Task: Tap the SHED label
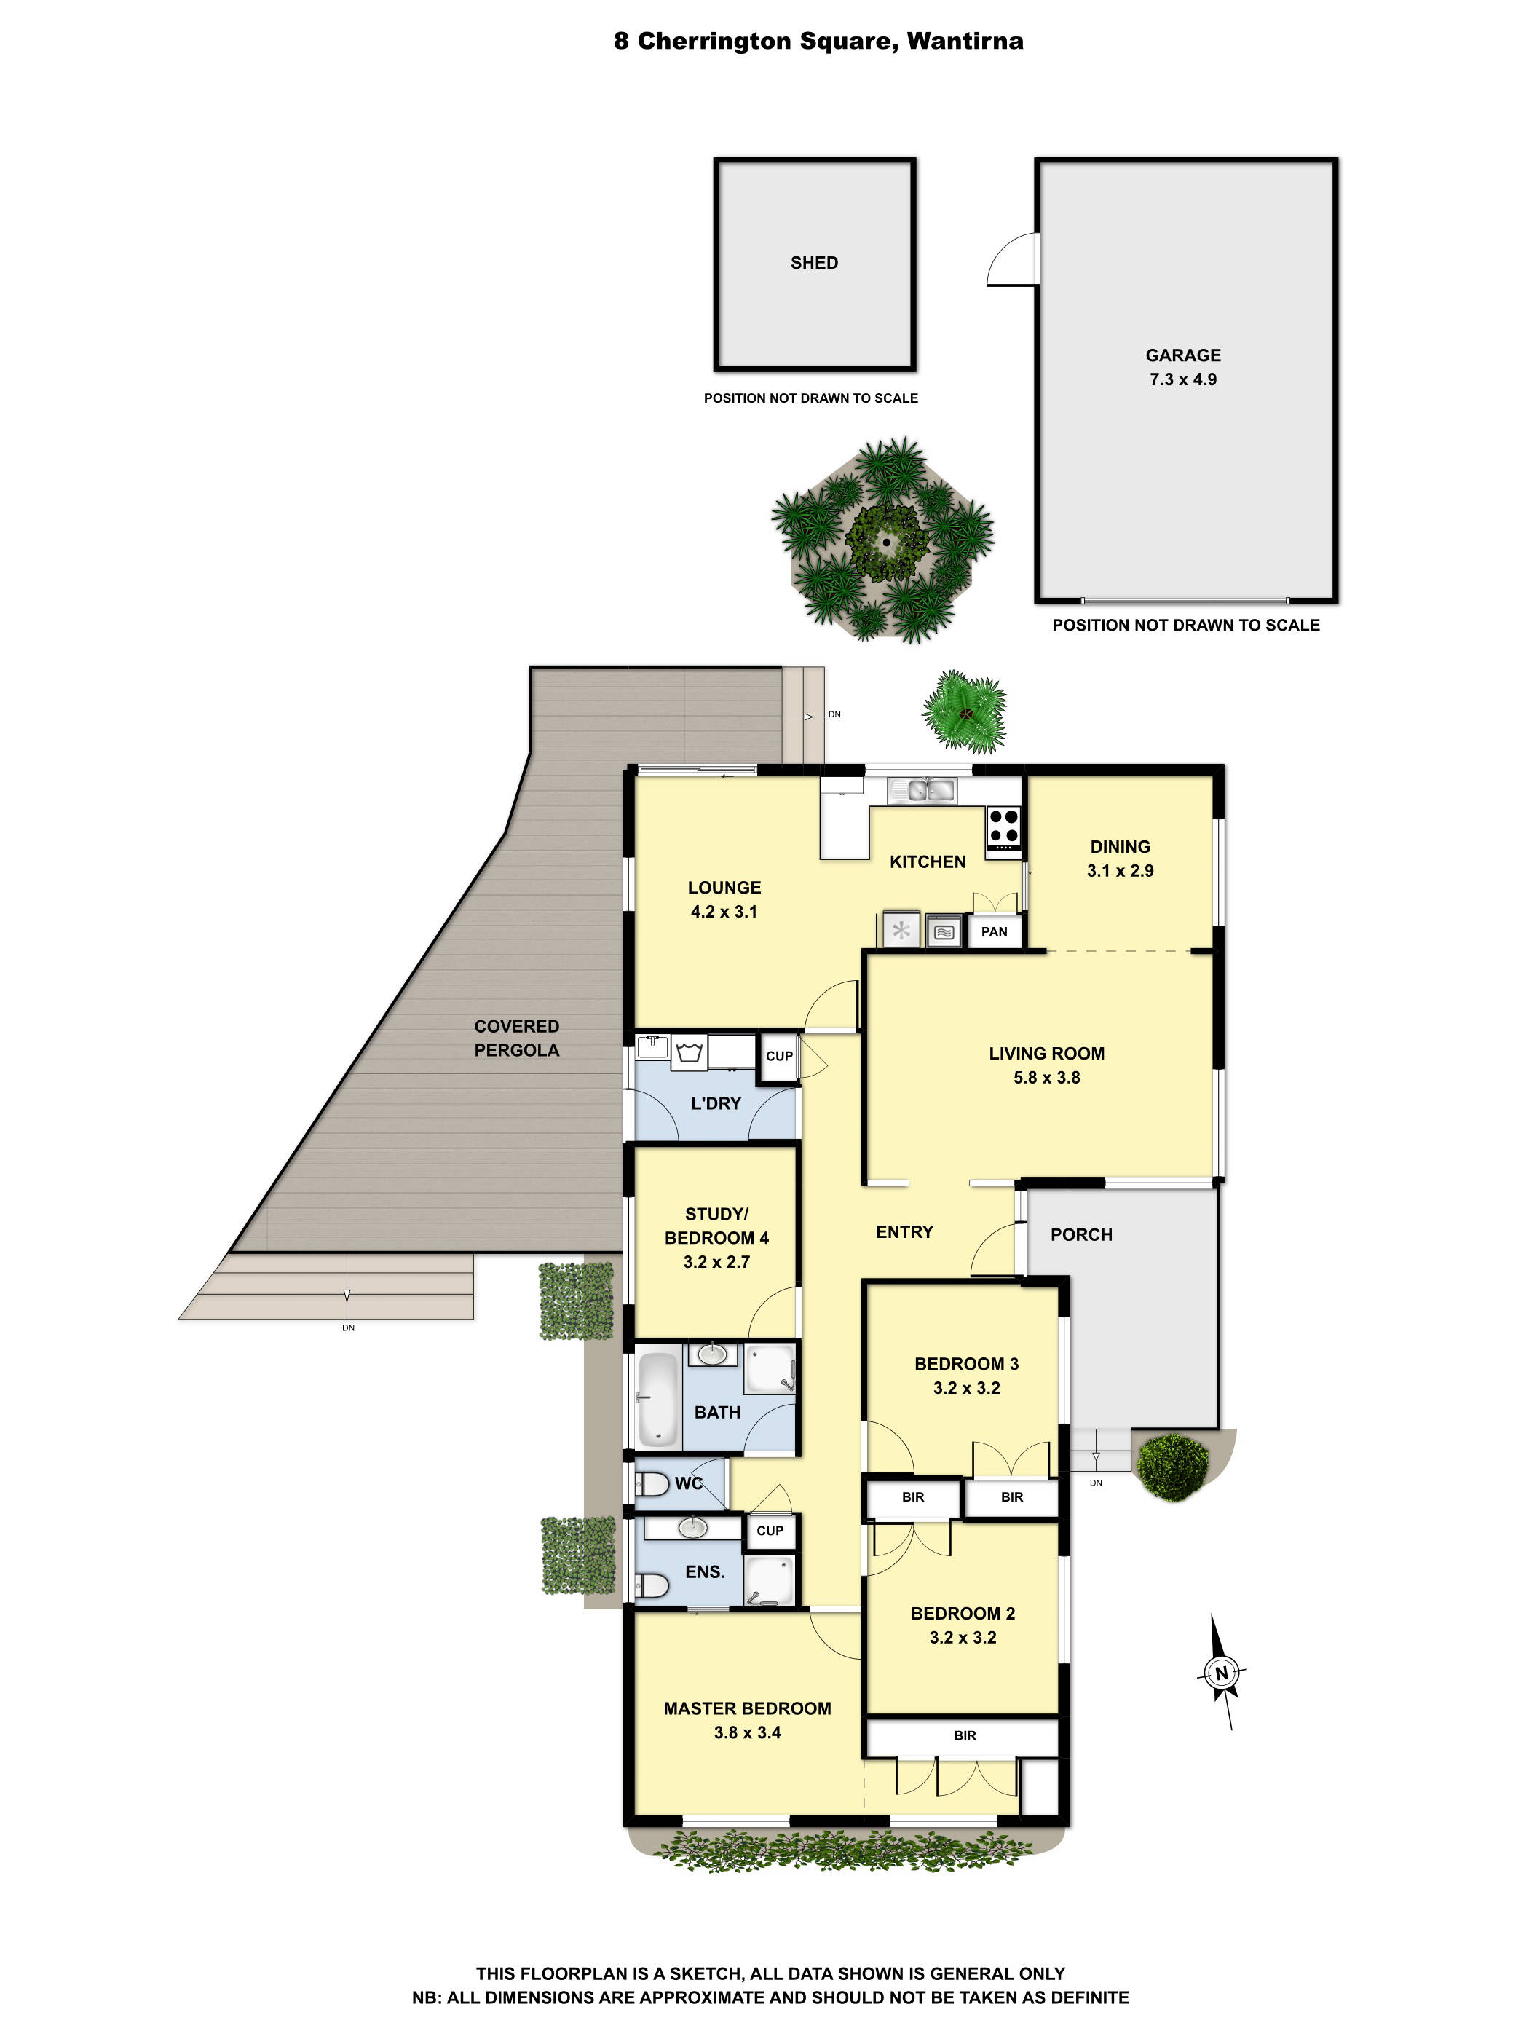[x=814, y=263]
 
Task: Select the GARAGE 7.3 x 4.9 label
[x=1182, y=367]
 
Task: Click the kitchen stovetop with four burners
[x=1003, y=826]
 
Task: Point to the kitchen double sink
[x=922, y=790]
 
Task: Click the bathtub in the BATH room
[x=658, y=1397]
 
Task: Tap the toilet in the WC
[x=652, y=1484]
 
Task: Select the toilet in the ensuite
[x=652, y=1585]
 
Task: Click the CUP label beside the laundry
[x=779, y=1057]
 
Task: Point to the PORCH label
[x=1081, y=1234]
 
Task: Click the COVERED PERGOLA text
[x=516, y=1038]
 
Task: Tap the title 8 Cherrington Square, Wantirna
[x=818, y=42]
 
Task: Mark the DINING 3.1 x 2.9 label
[x=1120, y=858]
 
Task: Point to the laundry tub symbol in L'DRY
[x=690, y=1052]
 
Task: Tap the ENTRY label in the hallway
[x=904, y=1231]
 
